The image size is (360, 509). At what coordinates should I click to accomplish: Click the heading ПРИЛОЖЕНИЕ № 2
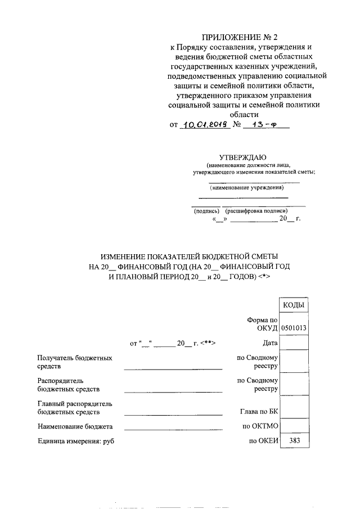244,38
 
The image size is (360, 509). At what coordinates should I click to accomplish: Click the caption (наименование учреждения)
243,188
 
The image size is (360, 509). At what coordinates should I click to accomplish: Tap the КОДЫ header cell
294,305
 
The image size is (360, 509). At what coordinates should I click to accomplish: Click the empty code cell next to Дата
294,342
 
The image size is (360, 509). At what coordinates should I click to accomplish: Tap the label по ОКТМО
260,426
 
